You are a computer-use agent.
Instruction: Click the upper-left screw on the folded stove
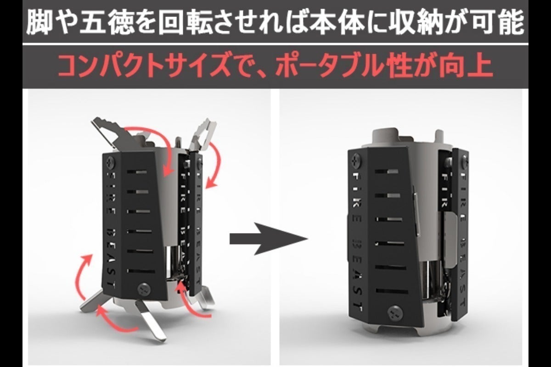point(357,161)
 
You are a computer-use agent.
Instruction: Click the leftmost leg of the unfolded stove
point(92,300)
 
